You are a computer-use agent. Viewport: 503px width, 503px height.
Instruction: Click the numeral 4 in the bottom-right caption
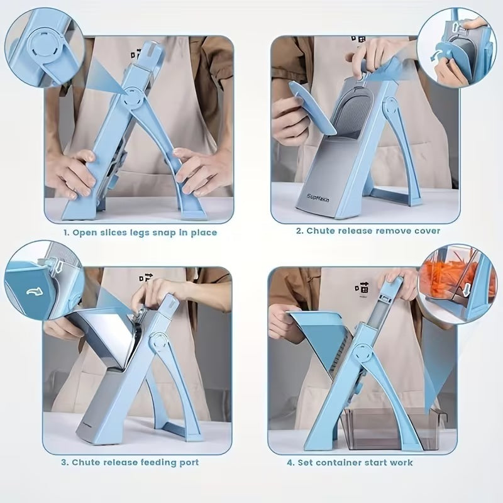[x=290, y=462]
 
